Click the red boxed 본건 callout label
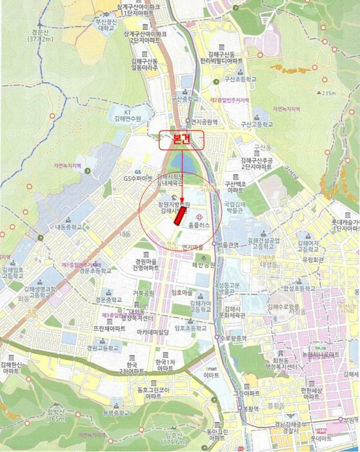click(x=181, y=140)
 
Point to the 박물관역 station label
click(x=228, y=245)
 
